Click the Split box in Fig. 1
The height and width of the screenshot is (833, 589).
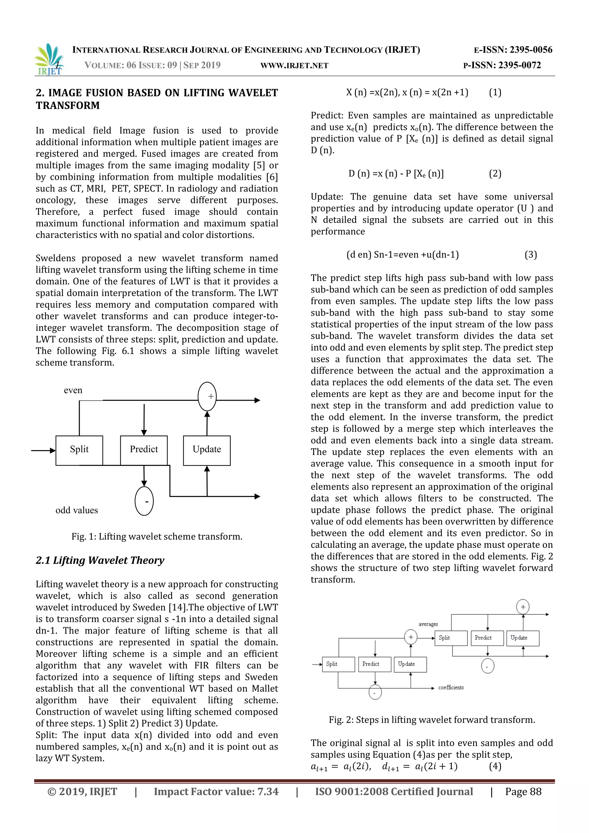(79, 450)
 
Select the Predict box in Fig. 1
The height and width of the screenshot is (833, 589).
(144, 450)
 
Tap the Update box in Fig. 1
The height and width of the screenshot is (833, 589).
(207, 450)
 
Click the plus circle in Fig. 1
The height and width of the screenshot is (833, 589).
(207, 397)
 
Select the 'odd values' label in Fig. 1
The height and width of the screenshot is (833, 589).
(77, 510)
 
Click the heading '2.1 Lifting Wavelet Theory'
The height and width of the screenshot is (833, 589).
(100, 560)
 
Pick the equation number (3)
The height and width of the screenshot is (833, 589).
(531, 255)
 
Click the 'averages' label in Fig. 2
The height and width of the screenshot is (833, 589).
(428, 624)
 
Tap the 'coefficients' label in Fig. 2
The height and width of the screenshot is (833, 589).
(451, 687)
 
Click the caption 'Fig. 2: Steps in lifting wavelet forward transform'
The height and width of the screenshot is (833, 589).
(432, 720)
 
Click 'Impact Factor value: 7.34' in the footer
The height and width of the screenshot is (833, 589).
(216, 791)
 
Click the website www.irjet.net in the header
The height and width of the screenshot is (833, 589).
(294, 66)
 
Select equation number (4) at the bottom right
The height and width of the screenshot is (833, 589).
(495, 766)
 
